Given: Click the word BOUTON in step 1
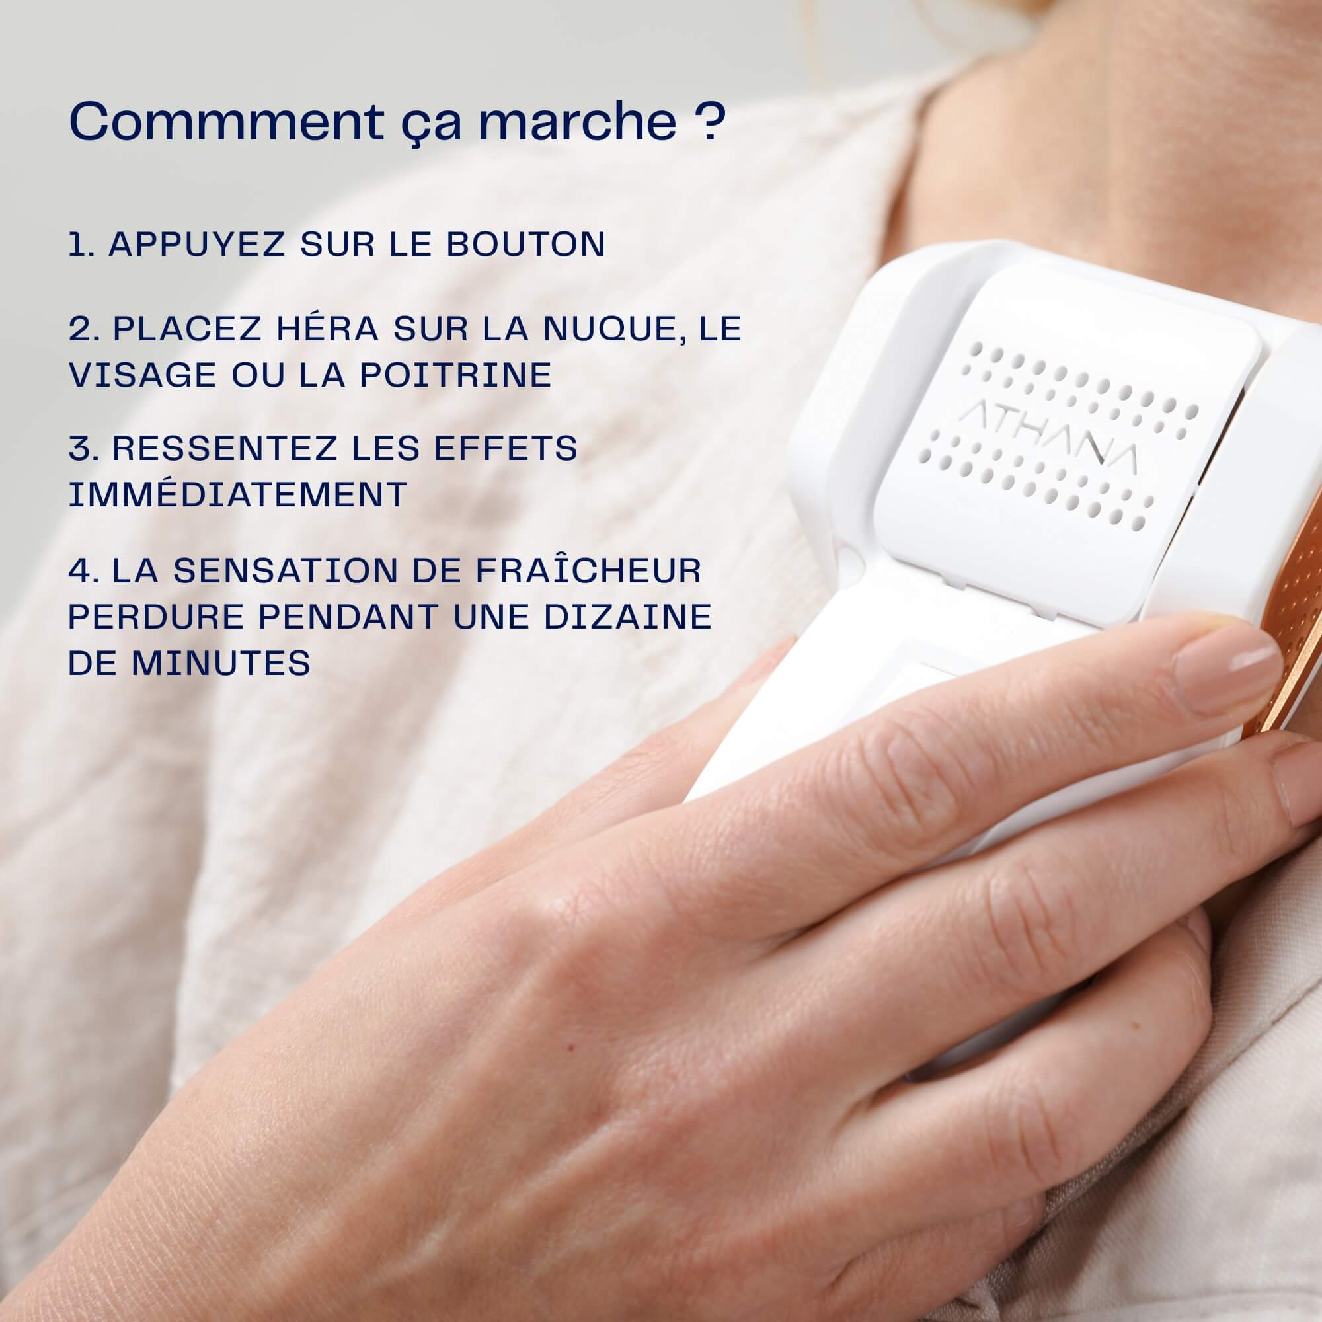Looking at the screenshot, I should [525, 245].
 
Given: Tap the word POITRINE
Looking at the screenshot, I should [455, 374].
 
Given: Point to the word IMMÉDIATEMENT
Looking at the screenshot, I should [238, 494].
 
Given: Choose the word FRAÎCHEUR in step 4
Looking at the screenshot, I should [588, 570].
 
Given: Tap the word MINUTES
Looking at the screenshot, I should [221, 662].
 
